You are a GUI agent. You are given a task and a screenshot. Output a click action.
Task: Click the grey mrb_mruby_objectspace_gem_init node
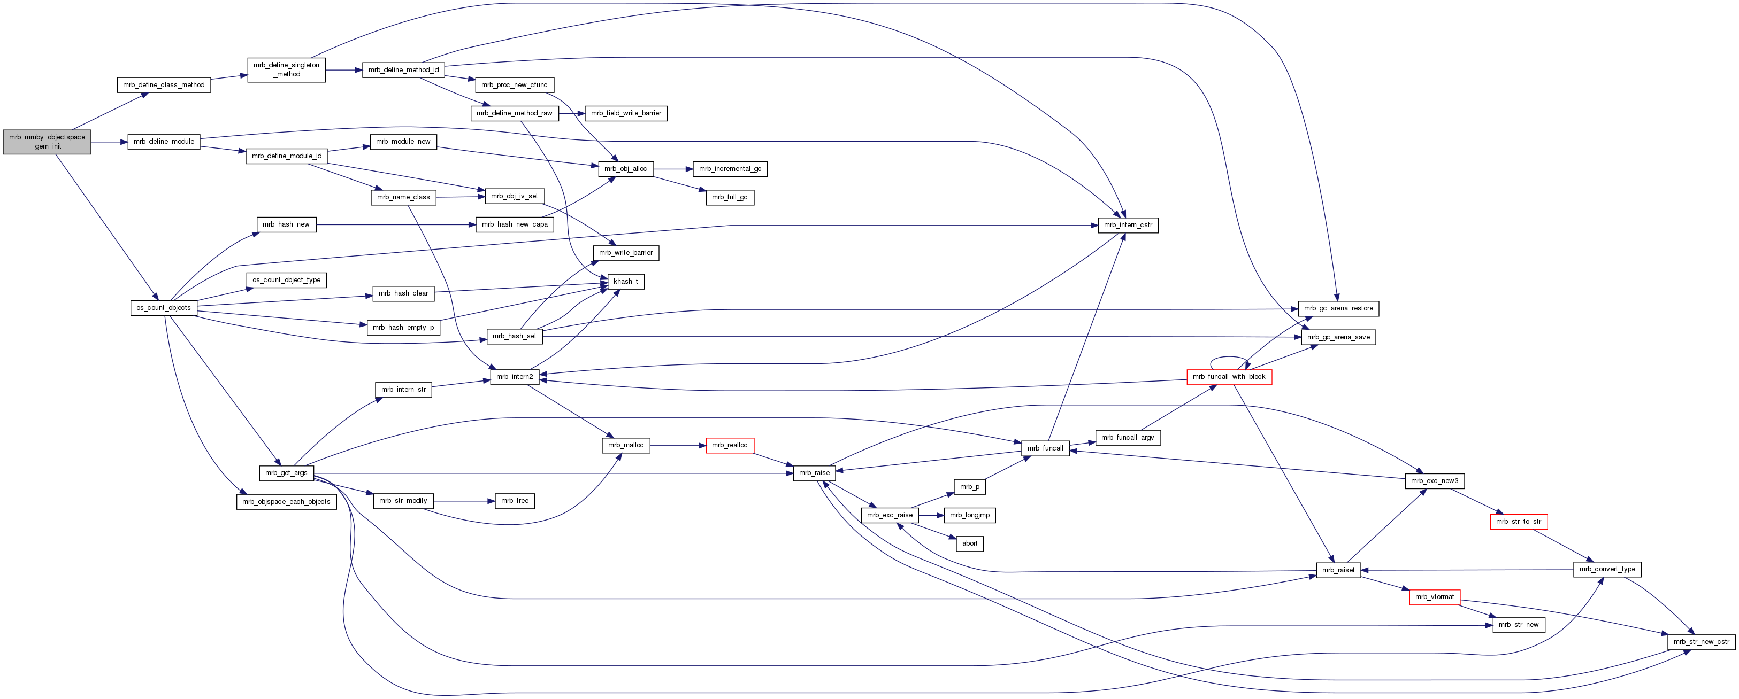click(47, 142)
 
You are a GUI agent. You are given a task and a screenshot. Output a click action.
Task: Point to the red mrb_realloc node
click(729, 445)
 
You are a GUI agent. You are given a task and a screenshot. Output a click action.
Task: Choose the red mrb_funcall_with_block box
click(1229, 377)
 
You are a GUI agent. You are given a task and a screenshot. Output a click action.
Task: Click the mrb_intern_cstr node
click(1128, 224)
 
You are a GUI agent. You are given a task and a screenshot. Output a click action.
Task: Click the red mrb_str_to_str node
click(1518, 522)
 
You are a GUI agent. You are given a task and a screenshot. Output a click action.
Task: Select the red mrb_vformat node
click(1435, 597)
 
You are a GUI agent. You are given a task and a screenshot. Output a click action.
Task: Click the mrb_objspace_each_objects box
click(286, 501)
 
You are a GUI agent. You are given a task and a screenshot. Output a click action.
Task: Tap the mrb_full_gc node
click(729, 197)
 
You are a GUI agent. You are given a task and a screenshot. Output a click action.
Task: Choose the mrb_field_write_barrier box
click(626, 113)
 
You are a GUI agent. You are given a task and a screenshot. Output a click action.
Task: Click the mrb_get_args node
click(286, 473)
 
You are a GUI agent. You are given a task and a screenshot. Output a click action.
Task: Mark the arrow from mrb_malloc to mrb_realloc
click(678, 445)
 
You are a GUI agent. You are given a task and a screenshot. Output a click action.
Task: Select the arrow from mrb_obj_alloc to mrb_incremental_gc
click(673, 169)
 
